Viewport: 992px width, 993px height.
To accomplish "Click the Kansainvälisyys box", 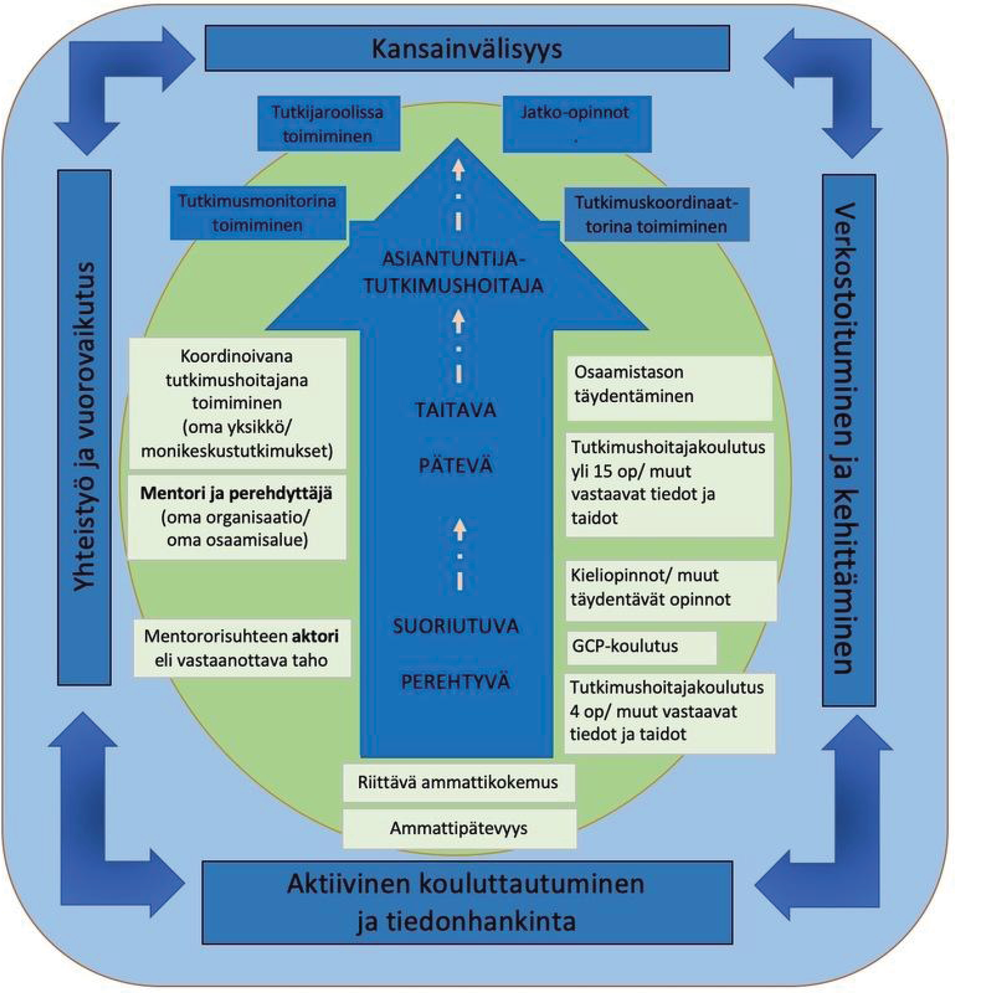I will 467,49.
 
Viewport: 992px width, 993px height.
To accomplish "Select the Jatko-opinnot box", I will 577,124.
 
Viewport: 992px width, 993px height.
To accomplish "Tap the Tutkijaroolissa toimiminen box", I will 328,124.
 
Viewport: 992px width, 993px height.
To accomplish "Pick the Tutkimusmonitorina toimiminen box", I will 258,213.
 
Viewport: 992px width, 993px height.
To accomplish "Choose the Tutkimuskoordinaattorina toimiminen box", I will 656,214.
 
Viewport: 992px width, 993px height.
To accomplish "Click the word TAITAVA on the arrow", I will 455,410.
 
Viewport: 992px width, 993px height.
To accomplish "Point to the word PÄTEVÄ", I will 455,465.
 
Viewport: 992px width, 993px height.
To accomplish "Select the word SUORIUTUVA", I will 455,626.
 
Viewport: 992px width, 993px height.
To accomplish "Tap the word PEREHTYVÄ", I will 455,681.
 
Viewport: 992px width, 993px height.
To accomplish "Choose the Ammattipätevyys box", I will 459,829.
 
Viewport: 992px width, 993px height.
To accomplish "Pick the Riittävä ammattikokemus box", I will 458,782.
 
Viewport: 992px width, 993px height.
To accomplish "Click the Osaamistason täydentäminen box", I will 669,388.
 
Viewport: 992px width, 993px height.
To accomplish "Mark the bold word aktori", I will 315,636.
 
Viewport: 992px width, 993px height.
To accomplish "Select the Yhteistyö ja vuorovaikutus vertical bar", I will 84,427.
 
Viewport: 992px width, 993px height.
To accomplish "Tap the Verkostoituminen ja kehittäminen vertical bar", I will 848,440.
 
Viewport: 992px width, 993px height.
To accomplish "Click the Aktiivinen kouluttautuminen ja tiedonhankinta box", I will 467,902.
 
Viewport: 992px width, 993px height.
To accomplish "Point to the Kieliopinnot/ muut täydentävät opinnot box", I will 670,590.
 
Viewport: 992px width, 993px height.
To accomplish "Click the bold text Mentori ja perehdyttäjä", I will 236,493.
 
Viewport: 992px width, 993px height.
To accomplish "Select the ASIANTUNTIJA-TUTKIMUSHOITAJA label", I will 454,272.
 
